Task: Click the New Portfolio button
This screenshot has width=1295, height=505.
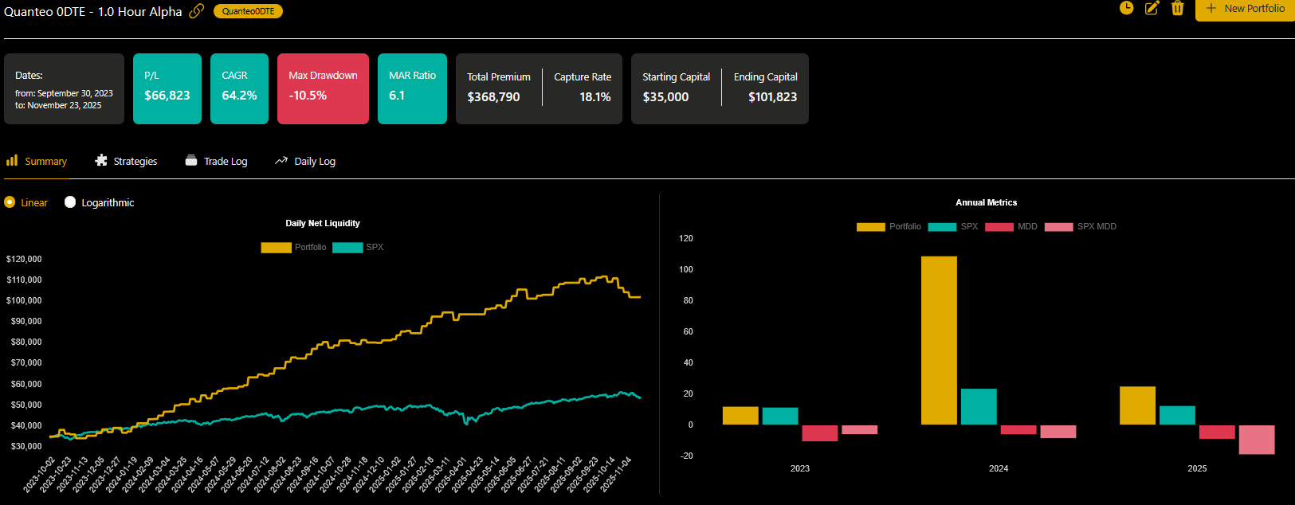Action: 1245,9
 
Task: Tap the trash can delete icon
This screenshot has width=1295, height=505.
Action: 1177,9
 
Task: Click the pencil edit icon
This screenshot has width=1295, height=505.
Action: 1152,9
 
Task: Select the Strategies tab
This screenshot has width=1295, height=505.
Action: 126,161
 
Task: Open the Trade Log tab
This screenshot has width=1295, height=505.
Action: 216,161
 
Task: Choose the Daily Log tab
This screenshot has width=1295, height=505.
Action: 305,161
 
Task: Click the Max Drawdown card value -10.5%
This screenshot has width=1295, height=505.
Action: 308,96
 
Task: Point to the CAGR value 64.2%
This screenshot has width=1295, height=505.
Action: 239,96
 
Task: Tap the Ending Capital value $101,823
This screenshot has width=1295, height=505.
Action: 772,97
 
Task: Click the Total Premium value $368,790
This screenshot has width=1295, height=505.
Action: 493,97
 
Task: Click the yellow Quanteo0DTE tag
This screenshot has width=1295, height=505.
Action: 248,11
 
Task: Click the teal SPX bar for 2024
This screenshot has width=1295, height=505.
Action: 979,406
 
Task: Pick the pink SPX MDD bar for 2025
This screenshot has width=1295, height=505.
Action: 1257,440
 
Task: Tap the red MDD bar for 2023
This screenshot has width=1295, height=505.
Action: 819,433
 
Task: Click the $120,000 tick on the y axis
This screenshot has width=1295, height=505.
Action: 24,259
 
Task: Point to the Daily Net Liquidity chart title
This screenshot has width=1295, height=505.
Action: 323,223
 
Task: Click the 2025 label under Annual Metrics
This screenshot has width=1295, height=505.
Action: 1197,468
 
